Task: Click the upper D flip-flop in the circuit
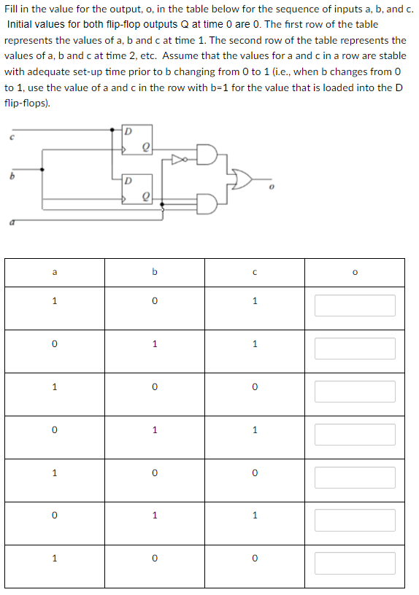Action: [x=137, y=141]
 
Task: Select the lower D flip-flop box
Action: [x=137, y=189]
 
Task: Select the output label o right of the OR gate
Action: [x=270, y=187]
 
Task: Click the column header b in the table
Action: [x=154, y=273]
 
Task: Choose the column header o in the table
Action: [x=355, y=273]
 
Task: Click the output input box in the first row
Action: [x=355, y=305]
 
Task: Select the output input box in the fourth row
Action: [x=355, y=435]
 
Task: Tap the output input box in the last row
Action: [x=355, y=563]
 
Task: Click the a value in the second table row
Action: [x=54, y=344]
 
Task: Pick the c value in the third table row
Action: [x=254, y=387]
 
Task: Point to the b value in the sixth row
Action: [x=154, y=516]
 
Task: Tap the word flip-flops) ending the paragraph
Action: [x=28, y=104]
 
